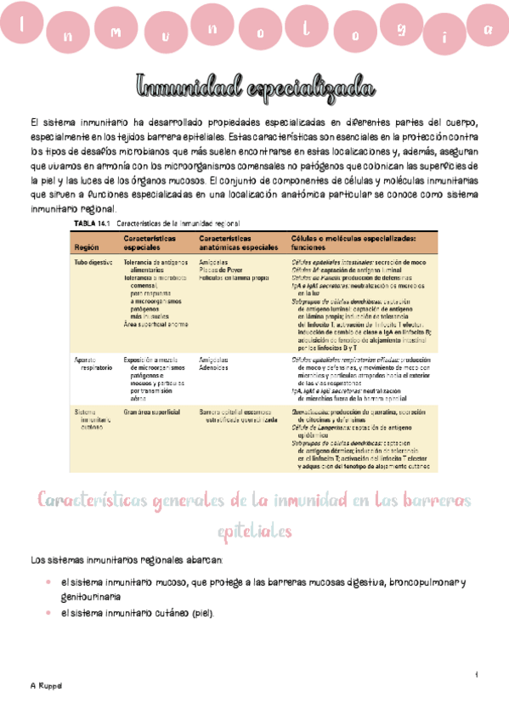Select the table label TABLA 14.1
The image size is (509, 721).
tap(93, 223)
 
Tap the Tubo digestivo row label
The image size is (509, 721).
tap(93, 264)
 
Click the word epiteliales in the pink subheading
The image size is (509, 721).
tap(255, 531)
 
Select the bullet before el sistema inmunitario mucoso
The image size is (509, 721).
tap(48, 582)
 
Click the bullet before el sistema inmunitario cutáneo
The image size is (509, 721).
tap(48, 613)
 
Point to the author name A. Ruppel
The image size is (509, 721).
tap(43, 685)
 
